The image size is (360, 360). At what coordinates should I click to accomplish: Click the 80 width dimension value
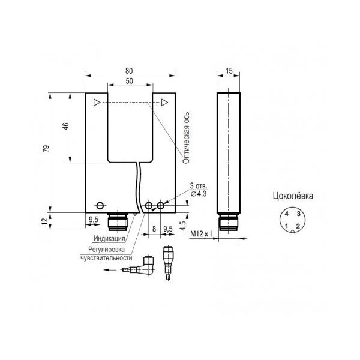(x=129, y=71)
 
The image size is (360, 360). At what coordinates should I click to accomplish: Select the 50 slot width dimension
(x=129, y=81)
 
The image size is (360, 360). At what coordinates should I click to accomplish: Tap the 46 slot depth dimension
(x=66, y=126)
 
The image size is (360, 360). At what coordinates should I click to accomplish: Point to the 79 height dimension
(x=46, y=149)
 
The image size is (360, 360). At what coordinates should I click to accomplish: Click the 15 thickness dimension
(x=229, y=71)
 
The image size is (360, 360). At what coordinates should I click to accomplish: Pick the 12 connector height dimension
(x=45, y=221)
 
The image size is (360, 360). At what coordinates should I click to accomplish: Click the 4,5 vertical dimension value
(x=183, y=226)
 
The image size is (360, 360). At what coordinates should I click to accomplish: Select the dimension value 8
(x=154, y=229)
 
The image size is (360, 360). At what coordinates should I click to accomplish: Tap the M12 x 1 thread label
(x=202, y=234)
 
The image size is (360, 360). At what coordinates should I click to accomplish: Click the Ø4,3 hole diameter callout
(x=199, y=194)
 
